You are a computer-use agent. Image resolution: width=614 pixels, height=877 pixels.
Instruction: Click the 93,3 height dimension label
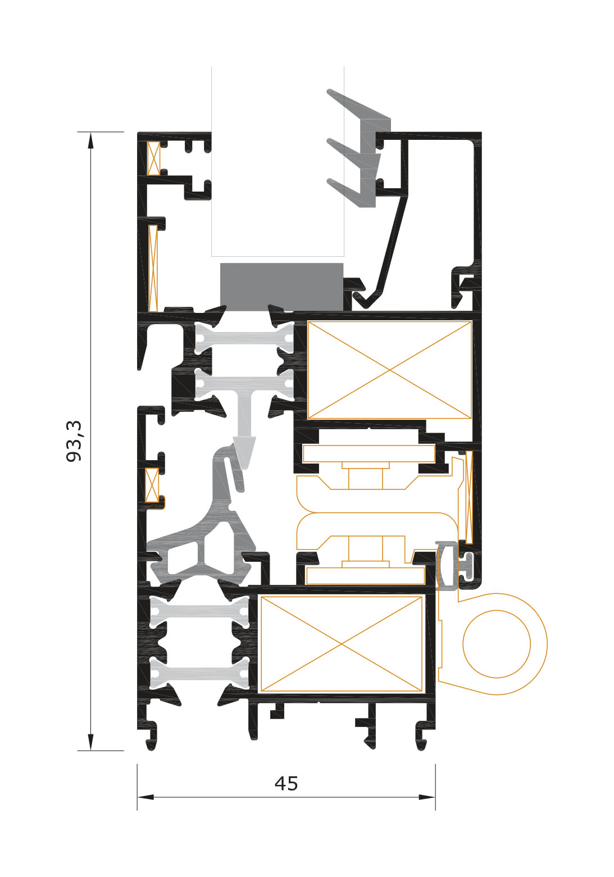click(74, 441)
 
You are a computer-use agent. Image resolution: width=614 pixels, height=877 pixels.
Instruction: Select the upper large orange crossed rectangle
click(390, 370)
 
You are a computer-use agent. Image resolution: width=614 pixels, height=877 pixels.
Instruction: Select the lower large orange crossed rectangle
click(341, 644)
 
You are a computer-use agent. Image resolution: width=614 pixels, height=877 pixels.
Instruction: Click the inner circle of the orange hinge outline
click(497, 644)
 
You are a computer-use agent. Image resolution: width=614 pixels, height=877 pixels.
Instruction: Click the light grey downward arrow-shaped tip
click(245, 453)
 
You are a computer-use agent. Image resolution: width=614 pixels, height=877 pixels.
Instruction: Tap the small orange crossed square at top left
click(153, 158)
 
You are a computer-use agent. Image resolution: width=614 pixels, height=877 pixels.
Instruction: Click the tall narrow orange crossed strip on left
click(153, 268)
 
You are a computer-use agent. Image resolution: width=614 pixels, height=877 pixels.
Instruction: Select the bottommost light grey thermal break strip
click(200, 673)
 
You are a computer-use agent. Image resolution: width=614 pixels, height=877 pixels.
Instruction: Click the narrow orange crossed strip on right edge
click(469, 497)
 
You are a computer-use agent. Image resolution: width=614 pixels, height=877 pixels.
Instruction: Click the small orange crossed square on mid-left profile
click(152, 485)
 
